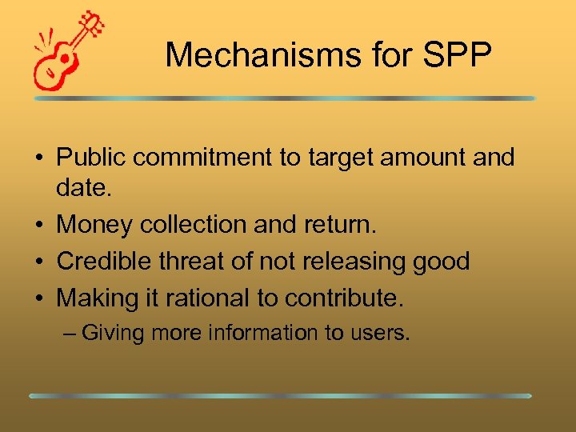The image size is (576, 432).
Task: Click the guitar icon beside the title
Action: pos(69,50)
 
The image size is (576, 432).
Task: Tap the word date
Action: pos(82,190)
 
